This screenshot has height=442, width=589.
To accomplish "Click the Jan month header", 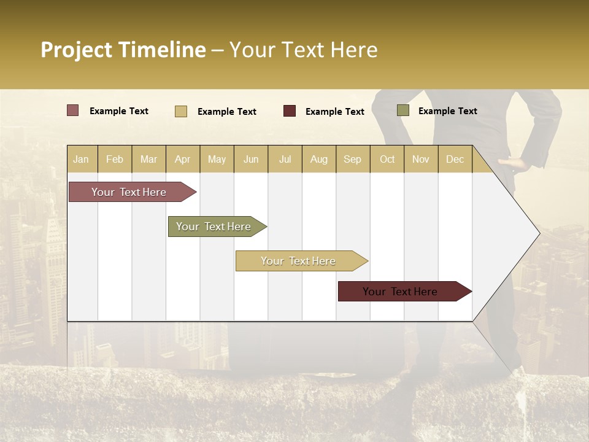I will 81,159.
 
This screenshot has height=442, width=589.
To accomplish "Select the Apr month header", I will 182,159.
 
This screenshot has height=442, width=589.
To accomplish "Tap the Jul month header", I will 285,159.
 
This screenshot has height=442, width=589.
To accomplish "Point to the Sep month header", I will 352,159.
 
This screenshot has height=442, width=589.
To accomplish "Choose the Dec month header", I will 455,159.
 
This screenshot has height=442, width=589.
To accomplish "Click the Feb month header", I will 115,159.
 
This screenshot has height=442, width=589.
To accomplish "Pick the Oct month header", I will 387,159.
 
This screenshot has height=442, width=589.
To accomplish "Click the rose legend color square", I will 72,110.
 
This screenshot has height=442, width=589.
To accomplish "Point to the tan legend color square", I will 181,111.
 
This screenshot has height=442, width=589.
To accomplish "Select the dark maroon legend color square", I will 290,110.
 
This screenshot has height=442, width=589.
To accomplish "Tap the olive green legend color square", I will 402,110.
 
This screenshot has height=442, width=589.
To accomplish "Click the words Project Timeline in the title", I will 123,50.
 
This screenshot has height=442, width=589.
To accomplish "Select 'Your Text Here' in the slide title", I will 303,50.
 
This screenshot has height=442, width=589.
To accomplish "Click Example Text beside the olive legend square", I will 447,111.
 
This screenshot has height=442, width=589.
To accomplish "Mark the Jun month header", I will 251,159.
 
